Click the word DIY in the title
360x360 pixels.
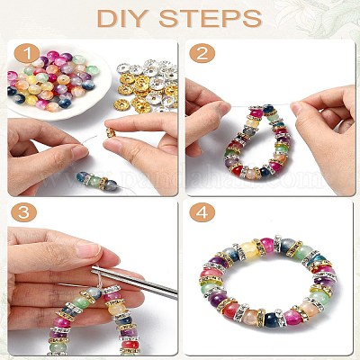point(123,19)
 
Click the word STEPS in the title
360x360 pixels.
point(211,19)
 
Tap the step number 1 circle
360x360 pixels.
point(27,54)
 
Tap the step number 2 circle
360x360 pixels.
point(202,54)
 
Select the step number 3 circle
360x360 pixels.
point(23,212)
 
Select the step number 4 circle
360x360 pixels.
point(202,212)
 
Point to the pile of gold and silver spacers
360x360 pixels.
point(148,85)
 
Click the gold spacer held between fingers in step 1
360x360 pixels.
point(111,132)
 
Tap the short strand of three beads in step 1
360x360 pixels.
point(97,180)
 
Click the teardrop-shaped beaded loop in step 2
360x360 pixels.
point(256,141)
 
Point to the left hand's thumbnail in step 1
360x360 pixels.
point(80,152)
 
